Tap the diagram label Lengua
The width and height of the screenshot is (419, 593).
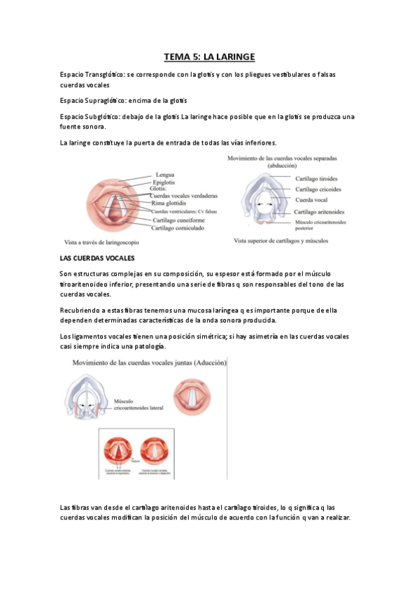pos(165,174)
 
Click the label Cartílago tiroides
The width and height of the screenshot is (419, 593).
pos(318,178)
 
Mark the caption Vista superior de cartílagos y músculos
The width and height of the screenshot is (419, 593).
pos(281,241)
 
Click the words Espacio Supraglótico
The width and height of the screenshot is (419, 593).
pos(93,101)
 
